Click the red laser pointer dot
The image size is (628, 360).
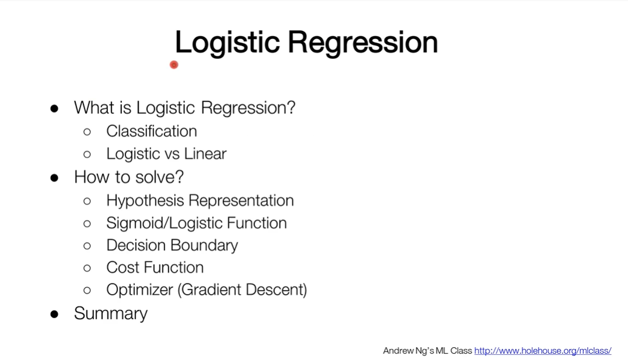174,65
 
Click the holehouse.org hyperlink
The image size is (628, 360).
543,351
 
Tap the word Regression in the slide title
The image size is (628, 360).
362,43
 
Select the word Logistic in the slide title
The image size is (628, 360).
227,43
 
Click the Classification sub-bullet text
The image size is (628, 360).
151,131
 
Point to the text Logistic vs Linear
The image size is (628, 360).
166,154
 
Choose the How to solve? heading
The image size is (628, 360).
129,177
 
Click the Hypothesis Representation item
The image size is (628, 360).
200,201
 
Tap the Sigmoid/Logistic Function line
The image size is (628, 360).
196,223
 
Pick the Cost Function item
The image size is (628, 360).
155,267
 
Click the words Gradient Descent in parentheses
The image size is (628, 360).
242,290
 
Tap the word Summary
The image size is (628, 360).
111,313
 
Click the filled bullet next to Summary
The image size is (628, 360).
54,314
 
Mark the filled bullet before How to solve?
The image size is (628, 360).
54,178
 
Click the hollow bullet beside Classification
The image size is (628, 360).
87,132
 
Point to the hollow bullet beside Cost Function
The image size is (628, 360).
87,268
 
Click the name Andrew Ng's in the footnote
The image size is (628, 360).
408,351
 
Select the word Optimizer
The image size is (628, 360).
139,290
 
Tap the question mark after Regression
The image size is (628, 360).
291,107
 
